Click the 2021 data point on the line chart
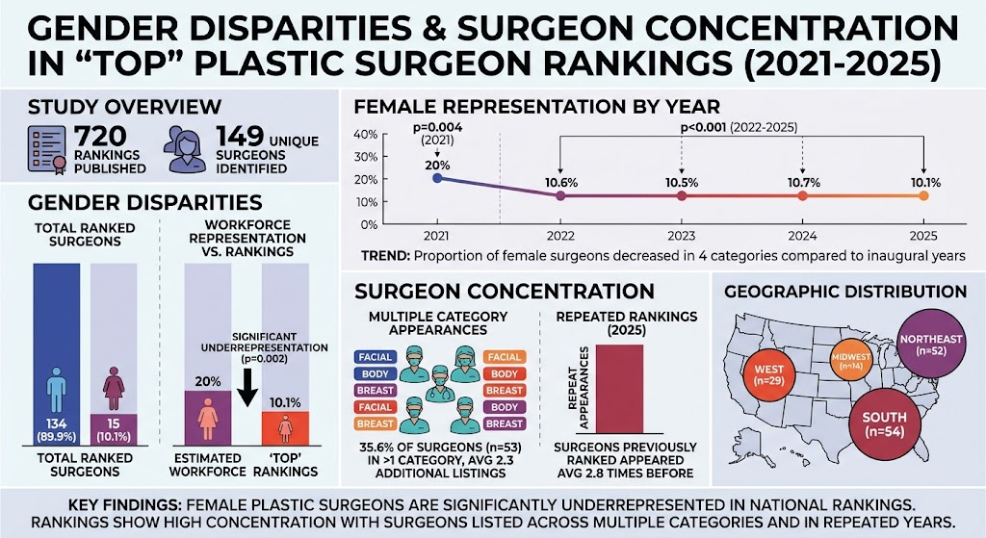click(x=437, y=178)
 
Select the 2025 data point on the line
click(x=923, y=195)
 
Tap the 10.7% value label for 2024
click(x=803, y=182)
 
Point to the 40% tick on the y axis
click(x=365, y=134)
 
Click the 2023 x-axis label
click(x=681, y=237)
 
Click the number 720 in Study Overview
click(x=100, y=137)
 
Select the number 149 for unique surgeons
click(x=240, y=137)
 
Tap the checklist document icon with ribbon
click(x=46, y=149)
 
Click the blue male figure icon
click(x=56, y=390)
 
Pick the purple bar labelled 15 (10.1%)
click(x=114, y=429)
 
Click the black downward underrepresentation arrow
click(x=247, y=387)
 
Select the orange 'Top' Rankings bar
click(x=285, y=428)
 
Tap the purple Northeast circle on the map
click(x=931, y=345)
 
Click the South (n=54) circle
click(x=885, y=424)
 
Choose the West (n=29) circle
click(x=768, y=375)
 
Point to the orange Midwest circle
click(x=851, y=360)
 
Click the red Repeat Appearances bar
click(x=619, y=389)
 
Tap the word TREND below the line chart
click(x=386, y=256)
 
